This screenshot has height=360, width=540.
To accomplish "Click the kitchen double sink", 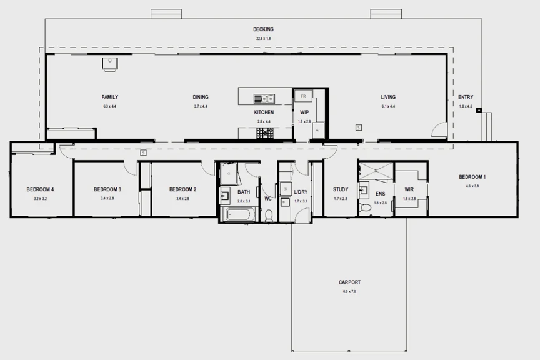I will (264, 98).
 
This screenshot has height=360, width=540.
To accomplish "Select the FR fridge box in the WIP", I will (303, 96).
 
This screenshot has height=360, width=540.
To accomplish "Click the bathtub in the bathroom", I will (238, 215).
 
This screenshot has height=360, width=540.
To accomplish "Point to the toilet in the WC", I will (269, 216).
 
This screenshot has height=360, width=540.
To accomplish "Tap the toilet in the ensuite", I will (364, 207).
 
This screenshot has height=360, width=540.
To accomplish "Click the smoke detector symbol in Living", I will (358, 127).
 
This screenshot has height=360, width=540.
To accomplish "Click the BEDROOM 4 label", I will (40, 189).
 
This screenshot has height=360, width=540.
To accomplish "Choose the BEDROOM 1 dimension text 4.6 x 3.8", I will (472, 186).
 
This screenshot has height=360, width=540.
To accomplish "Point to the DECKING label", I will (263, 29).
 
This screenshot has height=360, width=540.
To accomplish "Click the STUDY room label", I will (341, 189).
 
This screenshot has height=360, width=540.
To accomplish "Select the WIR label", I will (409, 189).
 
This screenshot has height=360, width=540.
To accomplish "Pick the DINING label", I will (201, 97).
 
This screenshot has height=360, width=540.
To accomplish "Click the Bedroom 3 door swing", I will (129, 167).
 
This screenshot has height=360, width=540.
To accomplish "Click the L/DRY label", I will (301, 191).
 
